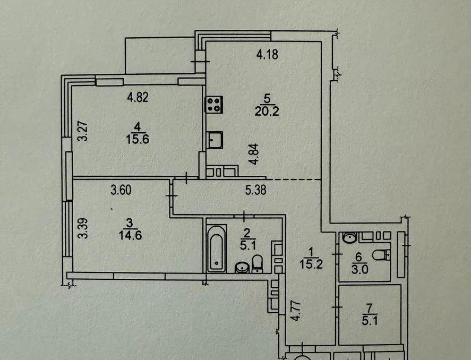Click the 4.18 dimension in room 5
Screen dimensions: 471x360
coord(267,55)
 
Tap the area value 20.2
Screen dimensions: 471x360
coord(267,112)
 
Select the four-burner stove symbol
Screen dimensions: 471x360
coord(214,105)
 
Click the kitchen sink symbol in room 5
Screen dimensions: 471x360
coord(215,140)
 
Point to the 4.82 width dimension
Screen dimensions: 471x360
coord(138,97)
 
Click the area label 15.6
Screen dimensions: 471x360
coord(138,139)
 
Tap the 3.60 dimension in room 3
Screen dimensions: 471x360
coord(121,190)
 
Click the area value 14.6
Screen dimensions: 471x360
coord(130,235)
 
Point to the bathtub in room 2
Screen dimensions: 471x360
coord(216,248)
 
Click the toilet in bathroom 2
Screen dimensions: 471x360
coord(258,263)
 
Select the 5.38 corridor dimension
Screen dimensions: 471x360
coord(255,190)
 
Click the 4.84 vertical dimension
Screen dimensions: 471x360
coord(254,155)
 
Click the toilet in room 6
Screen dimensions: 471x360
coord(381,255)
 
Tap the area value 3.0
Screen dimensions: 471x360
coord(359,270)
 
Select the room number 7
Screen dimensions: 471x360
coord(370,308)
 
